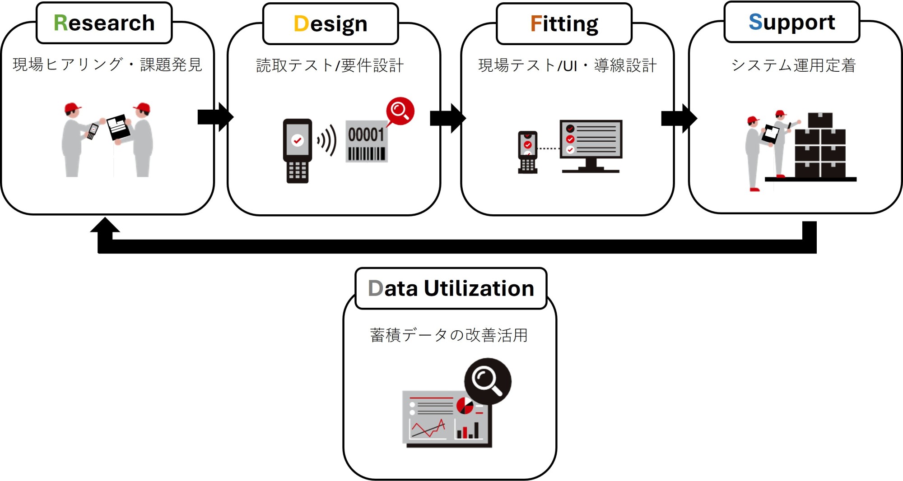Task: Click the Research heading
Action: point(104,23)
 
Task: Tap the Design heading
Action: point(330,24)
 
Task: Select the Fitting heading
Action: point(564,24)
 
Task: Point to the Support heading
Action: point(791,22)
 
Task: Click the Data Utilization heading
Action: point(451,288)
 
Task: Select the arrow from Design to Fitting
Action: point(447,118)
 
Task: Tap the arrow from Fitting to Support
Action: point(679,118)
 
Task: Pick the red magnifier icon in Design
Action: point(400,111)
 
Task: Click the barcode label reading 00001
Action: point(366,141)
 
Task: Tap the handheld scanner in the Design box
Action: point(297,151)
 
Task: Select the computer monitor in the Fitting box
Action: point(591,145)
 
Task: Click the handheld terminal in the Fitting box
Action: point(527,152)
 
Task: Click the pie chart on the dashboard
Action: point(465,406)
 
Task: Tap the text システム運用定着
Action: point(793,65)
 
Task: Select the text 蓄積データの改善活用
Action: point(449,335)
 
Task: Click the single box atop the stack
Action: point(820,120)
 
